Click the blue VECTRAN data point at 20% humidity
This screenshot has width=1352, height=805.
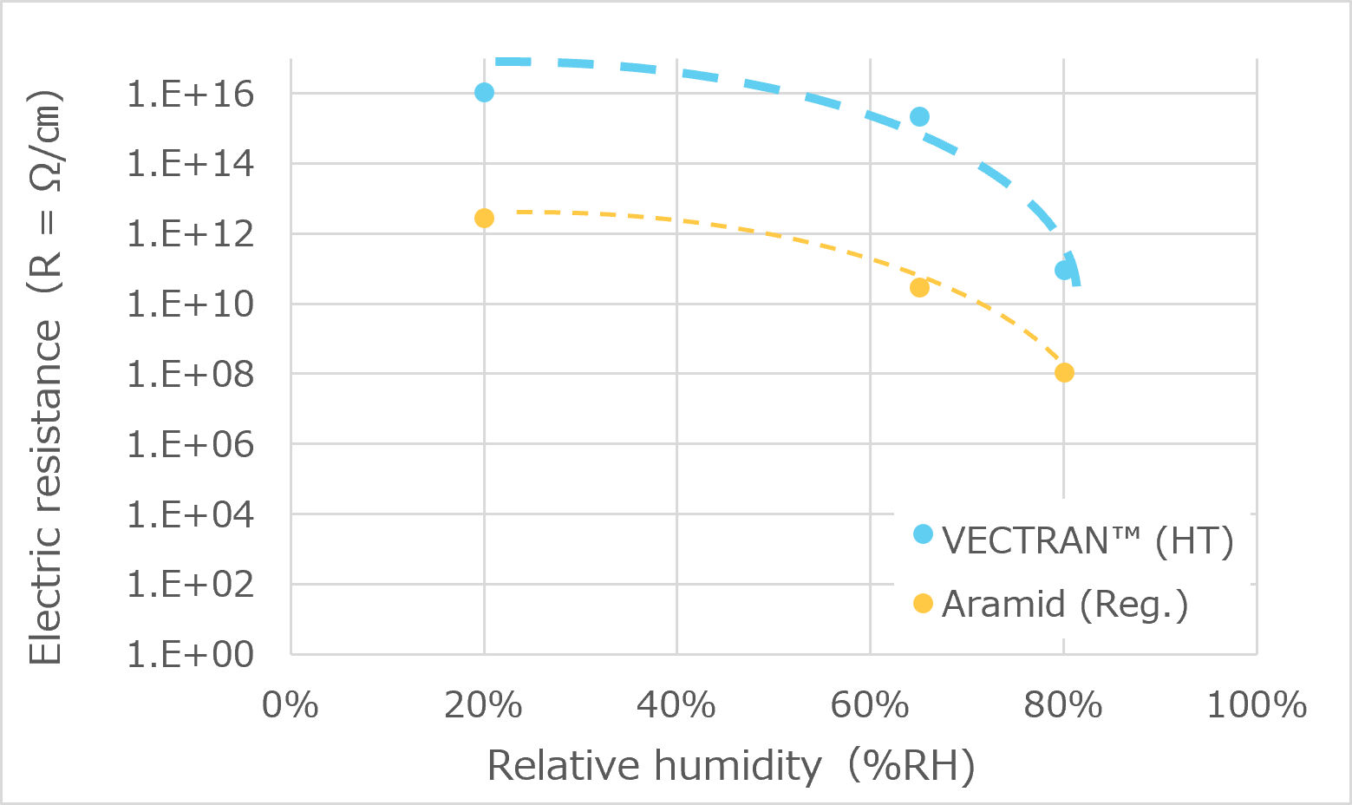click(x=485, y=92)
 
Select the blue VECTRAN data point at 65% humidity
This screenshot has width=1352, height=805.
click(x=919, y=116)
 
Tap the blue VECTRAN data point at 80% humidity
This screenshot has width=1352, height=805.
click(x=1064, y=270)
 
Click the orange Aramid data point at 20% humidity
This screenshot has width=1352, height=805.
click(x=484, y=218)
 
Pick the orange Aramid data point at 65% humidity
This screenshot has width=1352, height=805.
click(x=919, y=287)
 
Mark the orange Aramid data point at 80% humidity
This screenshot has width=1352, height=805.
click(x=1064, y=372)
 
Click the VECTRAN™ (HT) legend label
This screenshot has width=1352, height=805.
click(x=1087, y=540)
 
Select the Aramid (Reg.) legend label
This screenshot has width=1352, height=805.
click(x=1064, y=604)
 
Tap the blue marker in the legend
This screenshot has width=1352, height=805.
click(x=923, y=534)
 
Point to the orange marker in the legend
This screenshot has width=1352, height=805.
click(x=923, y=603)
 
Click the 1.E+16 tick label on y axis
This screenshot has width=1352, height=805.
click(x=191, y=94)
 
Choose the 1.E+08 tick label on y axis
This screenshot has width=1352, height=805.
click(x=191, y=374)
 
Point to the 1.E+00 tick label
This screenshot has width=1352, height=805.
click(x=191, y=654)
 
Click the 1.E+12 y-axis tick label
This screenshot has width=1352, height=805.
click(x=191, y=233)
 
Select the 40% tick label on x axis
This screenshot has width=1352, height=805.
click(x=676, y=705)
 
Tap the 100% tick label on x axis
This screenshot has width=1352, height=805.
click(x=1256, y=705)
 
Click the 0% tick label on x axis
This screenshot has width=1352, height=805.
click(x=291, y=705)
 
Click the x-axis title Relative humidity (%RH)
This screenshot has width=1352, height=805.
click(x=731, y=766)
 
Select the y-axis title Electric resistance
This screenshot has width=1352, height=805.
click(x=45, y=377)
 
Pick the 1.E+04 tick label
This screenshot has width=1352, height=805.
click(x=191, y=514)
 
